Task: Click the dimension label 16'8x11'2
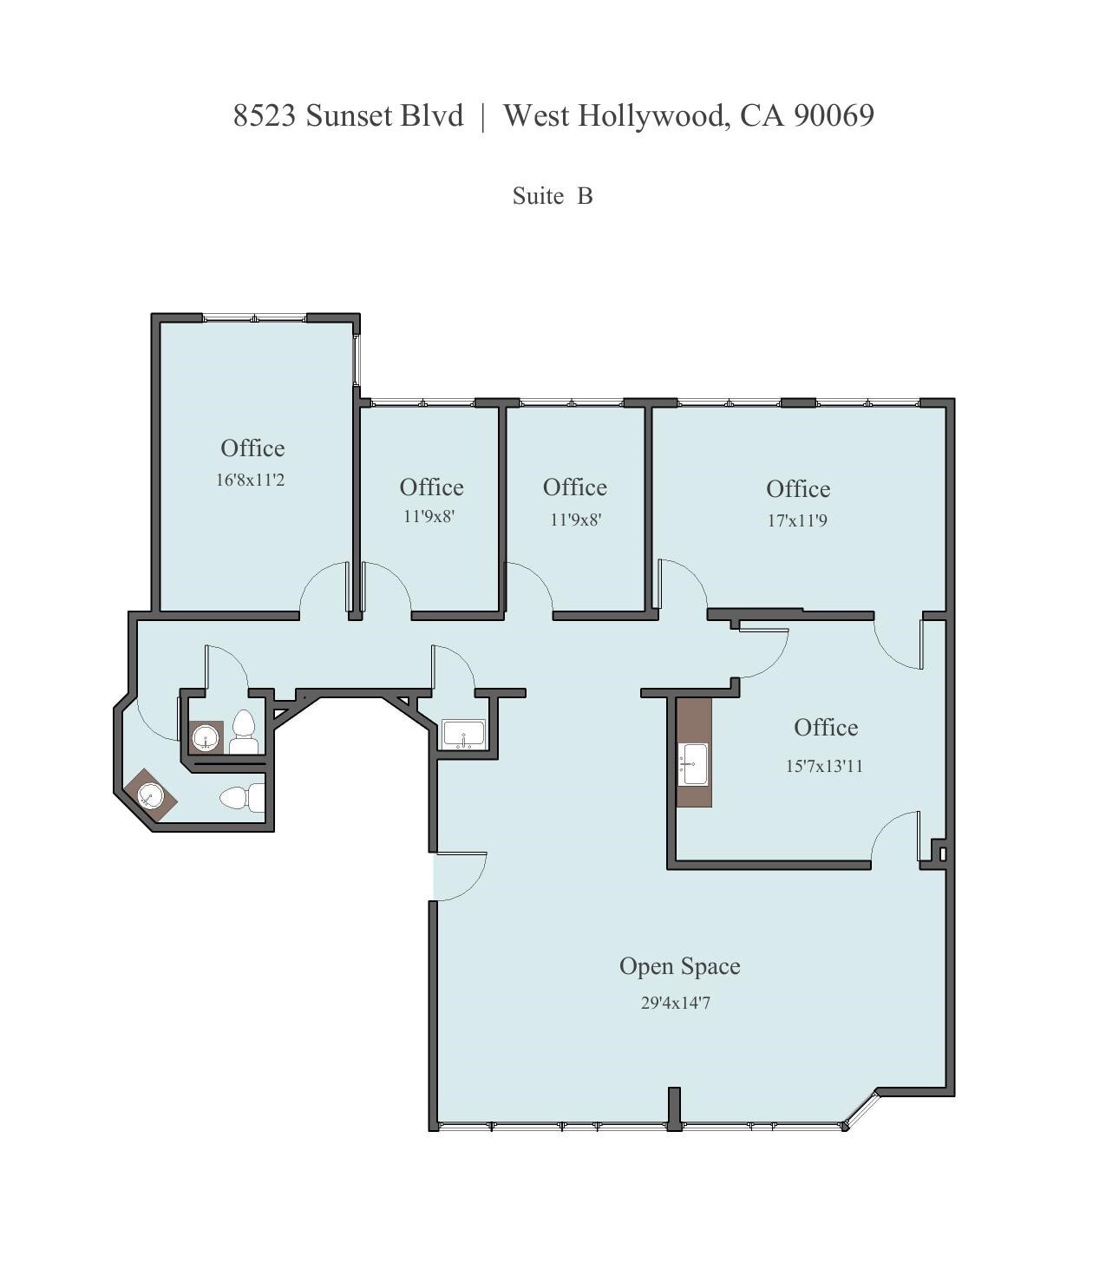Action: (x=250, y=480)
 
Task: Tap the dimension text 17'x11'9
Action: (x=797, y=520)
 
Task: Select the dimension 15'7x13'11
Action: (x=824, y=766)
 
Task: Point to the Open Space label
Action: (x=679, y=966)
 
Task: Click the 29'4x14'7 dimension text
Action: (x=676, y=1003)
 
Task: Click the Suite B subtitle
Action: (x=553, y=196)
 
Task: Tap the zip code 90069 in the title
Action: (x=834, y=115)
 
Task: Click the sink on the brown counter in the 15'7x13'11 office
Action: (x=693, y=764)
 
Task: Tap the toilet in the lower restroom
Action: (x=242, y=798)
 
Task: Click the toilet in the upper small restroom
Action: (x=244, y=734)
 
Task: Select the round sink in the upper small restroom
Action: (x=206, y=737)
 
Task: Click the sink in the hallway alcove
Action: (x=463, y=735)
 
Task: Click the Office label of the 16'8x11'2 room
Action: (x=252, y=448)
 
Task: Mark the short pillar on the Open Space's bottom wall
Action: (x=674, y=1108)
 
